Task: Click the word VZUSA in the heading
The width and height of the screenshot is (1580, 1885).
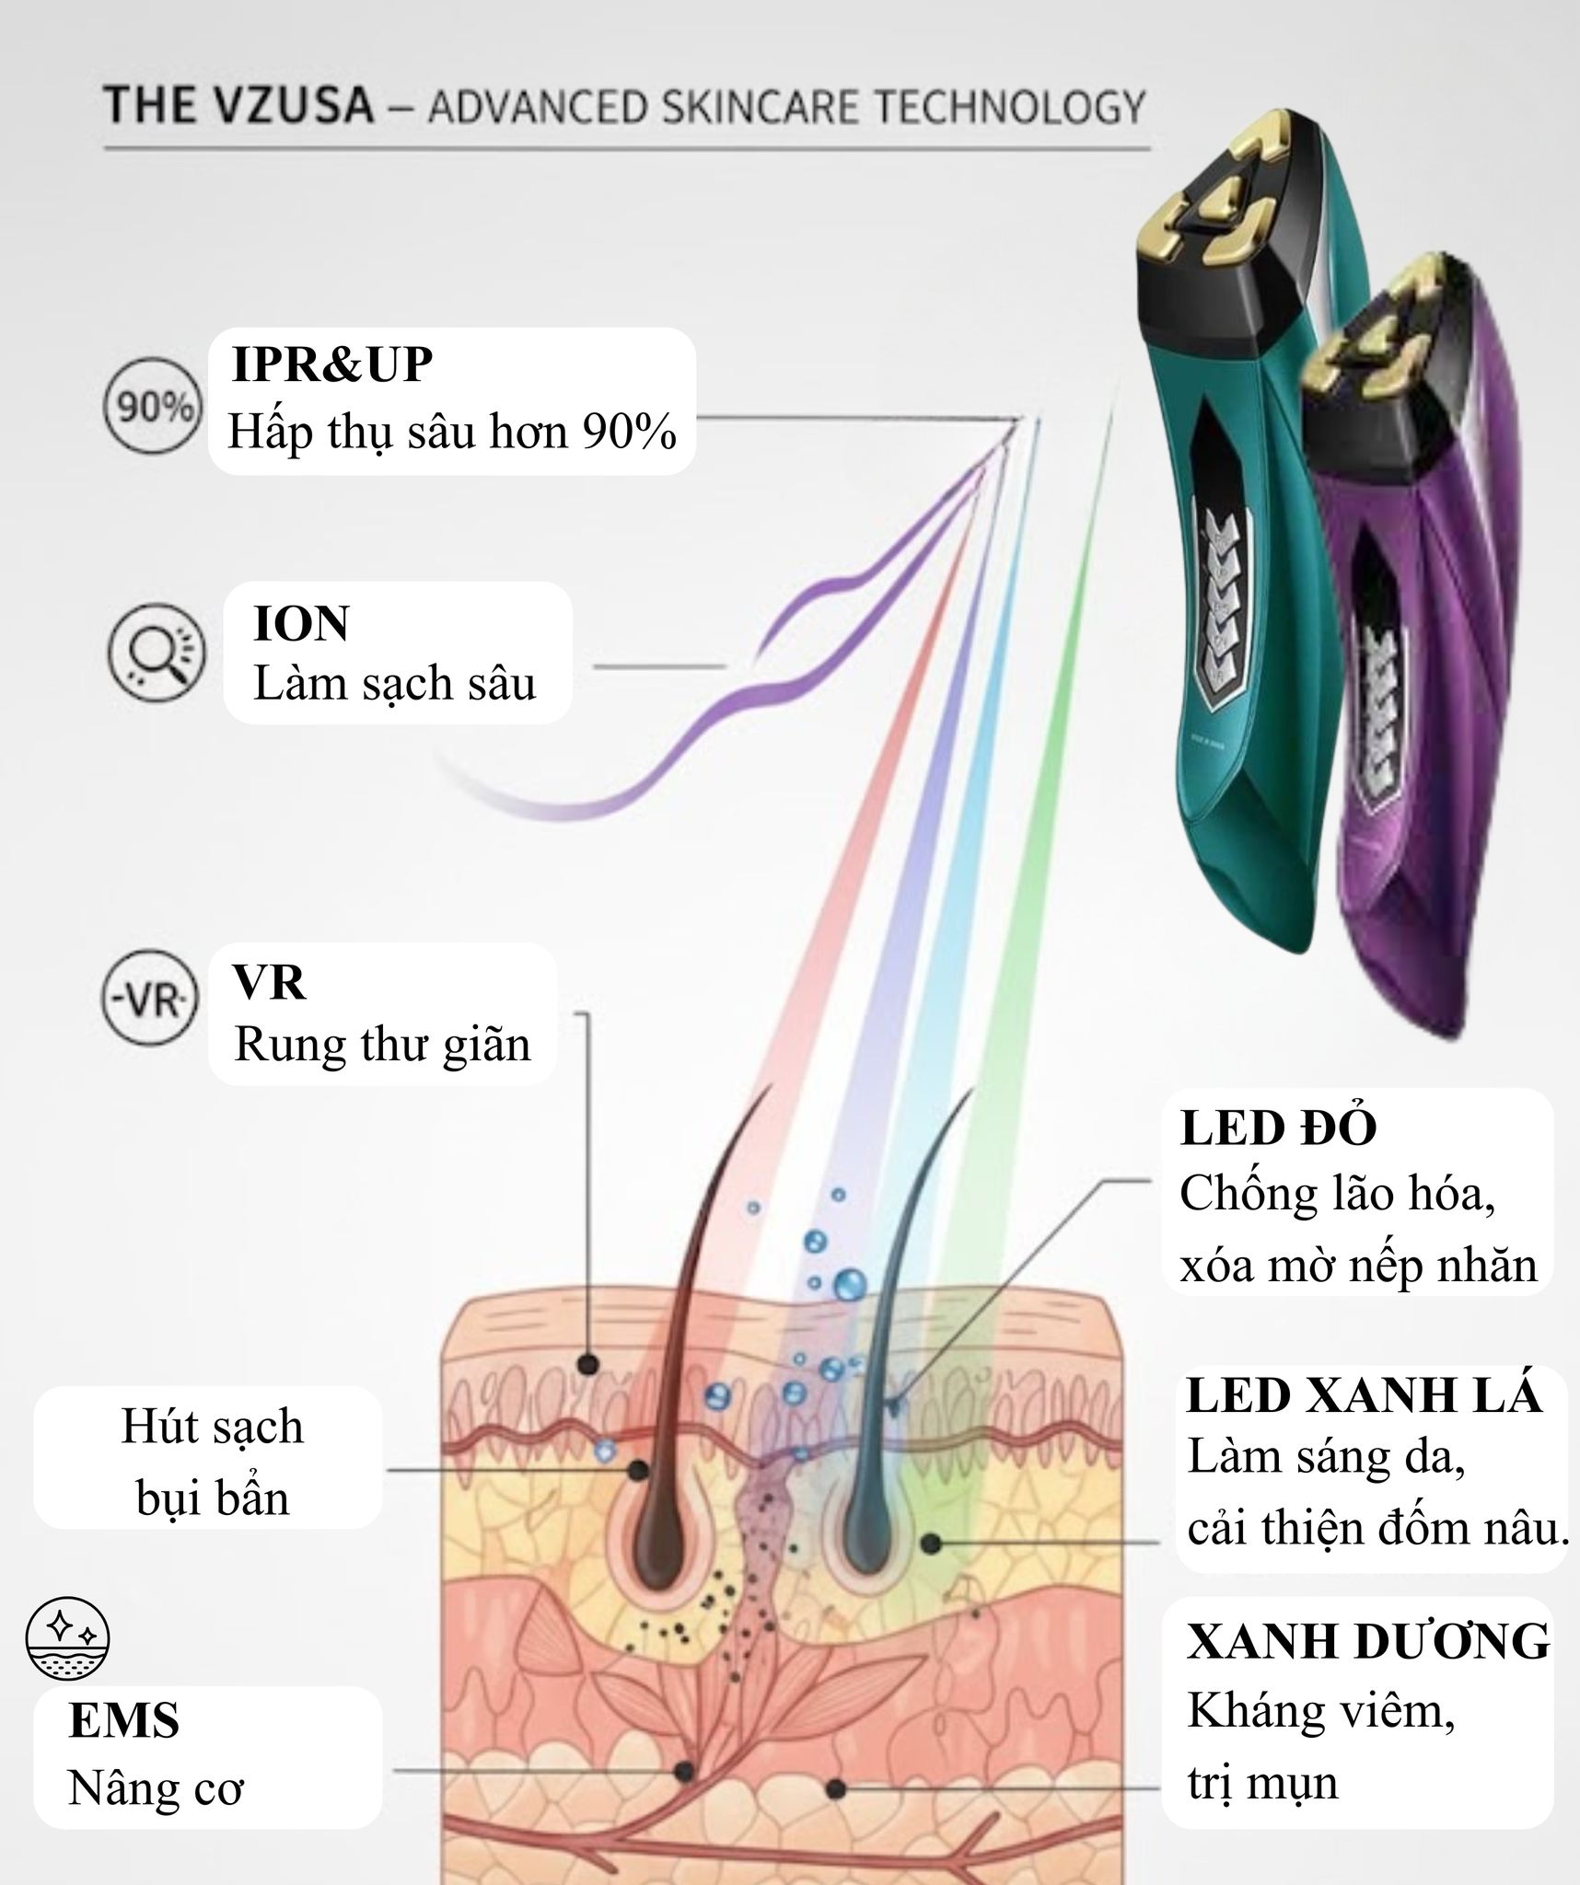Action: (x=290, y=105)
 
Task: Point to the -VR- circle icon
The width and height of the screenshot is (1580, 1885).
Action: (x=149, y=1000)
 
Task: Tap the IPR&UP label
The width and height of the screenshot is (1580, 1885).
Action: (x=331, y=364)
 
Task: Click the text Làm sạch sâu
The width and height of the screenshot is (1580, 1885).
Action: (x=394, y=684)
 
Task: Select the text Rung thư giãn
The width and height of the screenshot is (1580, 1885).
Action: (x=382, y=1045)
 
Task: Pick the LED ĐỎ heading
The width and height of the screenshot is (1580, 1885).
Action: (x=1278, y=1128)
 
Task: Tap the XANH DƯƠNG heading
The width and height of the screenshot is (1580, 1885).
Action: (x=1368, y=1642)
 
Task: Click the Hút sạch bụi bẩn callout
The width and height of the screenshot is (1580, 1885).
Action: (x=211, y=1462)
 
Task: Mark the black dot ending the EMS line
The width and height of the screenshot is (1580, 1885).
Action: (x=683, y=1770)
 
